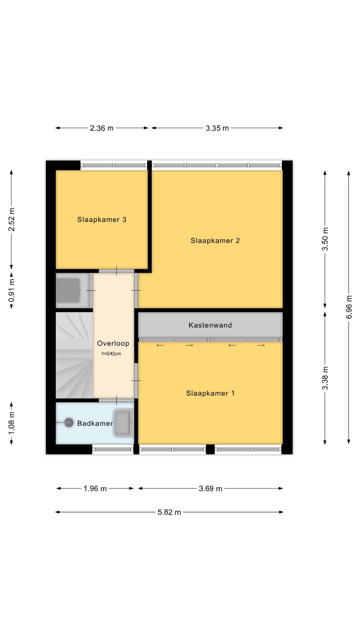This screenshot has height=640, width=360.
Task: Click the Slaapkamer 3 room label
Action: coord(102,220)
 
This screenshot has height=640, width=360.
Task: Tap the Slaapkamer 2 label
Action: coord(215,241)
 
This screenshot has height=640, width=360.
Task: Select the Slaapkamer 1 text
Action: coord(210,393)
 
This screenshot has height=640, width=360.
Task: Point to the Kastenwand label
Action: coord(210,325)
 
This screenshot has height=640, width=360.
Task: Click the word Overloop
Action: coord(113,343)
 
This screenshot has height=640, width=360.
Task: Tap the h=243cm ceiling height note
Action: coord(111,354)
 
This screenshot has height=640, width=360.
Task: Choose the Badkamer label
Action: coord(95,423)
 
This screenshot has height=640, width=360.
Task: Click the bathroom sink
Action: coord(123,423)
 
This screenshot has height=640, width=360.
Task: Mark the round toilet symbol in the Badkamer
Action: coord(69,423)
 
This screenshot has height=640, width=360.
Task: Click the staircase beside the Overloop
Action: coord(74,355)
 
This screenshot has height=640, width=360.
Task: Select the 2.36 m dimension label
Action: coord(102,128)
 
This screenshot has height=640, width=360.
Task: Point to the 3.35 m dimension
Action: coord(217,128)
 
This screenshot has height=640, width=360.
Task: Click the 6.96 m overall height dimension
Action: coord(349,307)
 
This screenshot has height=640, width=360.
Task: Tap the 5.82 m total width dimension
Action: coord(169,512)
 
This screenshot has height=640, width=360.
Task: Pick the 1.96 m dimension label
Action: coord(95,489)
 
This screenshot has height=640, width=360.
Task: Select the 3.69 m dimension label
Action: coord(210,489)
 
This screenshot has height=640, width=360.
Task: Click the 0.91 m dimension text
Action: coord(12,290)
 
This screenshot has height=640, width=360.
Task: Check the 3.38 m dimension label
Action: coord(325,378)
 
